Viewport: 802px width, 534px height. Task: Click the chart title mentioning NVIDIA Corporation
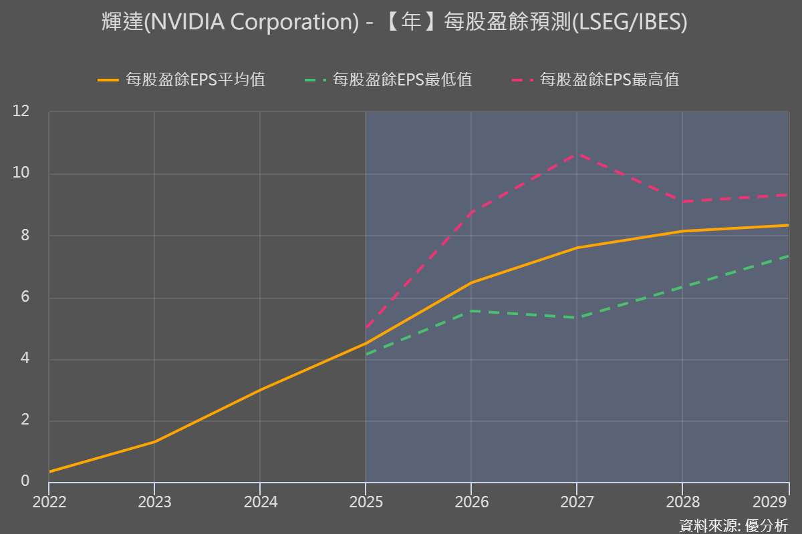coord(394,23)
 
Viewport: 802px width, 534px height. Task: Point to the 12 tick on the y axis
coord(22,111)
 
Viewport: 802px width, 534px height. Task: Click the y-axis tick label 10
coord(22,174)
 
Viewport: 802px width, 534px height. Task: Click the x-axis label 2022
coord(49,502)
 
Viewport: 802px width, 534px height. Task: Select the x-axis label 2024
coord(260,502)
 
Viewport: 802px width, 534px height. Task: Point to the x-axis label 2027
coord(576,502)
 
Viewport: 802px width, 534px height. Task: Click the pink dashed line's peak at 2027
coord(576,154)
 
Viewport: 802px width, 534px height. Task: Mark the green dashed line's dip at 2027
coord(576,317)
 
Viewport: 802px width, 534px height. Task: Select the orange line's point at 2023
coord(154,441)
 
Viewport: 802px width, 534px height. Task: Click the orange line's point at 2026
coord(471,282)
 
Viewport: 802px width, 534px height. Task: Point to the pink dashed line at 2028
coord(682,201)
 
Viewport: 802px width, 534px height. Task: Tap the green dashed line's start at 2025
coord(366,354)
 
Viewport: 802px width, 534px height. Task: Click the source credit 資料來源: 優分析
coord(733,525)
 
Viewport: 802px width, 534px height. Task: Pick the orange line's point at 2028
coord(682,231)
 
